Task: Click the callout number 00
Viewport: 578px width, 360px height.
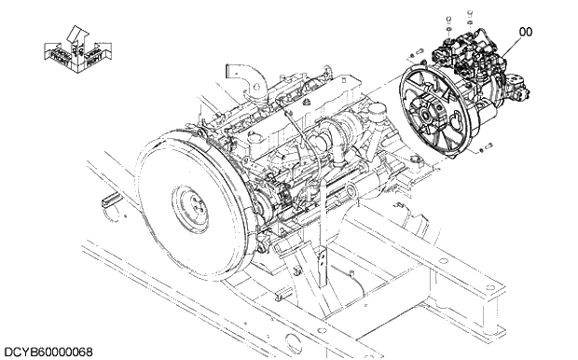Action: click(x=526, y=32)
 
